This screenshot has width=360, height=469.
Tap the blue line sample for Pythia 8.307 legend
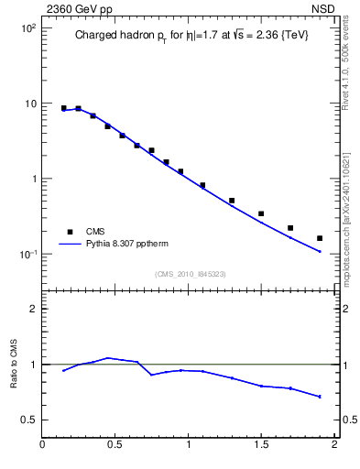click(71, 245)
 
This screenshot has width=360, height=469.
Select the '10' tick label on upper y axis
click(30, 104)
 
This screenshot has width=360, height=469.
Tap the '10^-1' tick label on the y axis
click(27, 254)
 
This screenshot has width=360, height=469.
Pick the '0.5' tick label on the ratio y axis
click(28, 420)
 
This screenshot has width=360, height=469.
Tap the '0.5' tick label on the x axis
click(115, 446)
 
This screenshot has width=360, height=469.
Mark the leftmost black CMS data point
click(63, 108)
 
